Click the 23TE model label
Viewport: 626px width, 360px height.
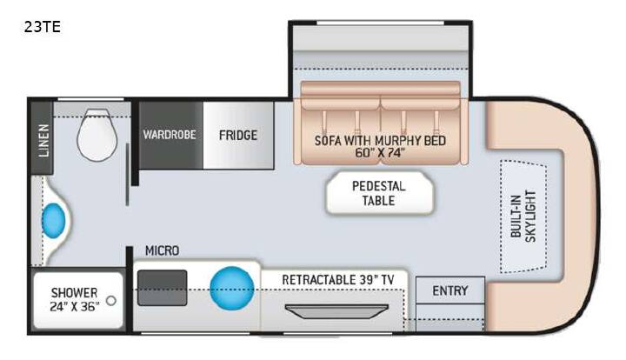pos(43,27)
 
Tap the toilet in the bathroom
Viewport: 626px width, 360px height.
pos(97,135)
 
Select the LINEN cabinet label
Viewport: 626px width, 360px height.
pos(43,140)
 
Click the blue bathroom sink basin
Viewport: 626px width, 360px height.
pos(54,221)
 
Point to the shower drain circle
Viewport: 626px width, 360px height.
pos(111,301)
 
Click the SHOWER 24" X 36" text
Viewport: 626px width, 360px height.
pos(75,299)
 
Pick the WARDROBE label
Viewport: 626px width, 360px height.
pos(170,135)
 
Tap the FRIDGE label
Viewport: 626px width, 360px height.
pos(238,135)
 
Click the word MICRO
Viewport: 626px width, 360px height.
pos(162,250)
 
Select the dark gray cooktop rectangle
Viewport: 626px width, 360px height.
pos(162,288)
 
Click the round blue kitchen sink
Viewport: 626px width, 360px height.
pos(232,288)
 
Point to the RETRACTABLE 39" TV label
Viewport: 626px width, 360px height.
pos(337,280)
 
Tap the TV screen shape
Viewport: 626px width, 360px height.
pos(336,311)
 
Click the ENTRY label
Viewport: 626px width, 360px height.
pos(450,290)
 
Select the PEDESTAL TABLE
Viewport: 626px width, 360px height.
pos(379,194)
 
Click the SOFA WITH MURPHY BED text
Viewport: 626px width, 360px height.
pos(380,141)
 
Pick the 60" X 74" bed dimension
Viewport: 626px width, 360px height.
pos(380,152)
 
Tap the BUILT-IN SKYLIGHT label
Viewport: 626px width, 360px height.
pos(523,216)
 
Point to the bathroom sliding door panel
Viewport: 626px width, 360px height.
pos(127,175)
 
